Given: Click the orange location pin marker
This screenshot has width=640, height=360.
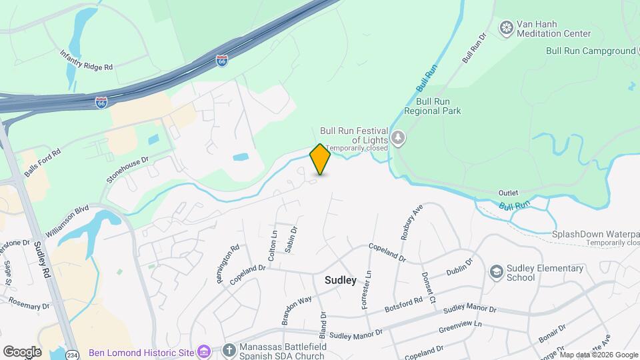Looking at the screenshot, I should tap(321, 159).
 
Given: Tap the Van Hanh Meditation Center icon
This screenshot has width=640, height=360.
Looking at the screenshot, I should tap(507, 27).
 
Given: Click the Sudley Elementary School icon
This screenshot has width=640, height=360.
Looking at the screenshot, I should tap(496, 271).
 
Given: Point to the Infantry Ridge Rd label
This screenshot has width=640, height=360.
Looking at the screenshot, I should tap(87, 59).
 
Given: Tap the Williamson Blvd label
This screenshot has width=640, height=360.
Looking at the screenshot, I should tap(67, 223).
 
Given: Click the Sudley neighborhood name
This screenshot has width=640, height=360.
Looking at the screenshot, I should tap(340, 280).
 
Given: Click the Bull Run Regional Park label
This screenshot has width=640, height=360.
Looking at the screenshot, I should tap(438, 106).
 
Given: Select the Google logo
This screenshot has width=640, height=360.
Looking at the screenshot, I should tap(22, 351).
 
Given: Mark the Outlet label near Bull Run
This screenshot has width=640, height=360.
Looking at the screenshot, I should tap(508, 193).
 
